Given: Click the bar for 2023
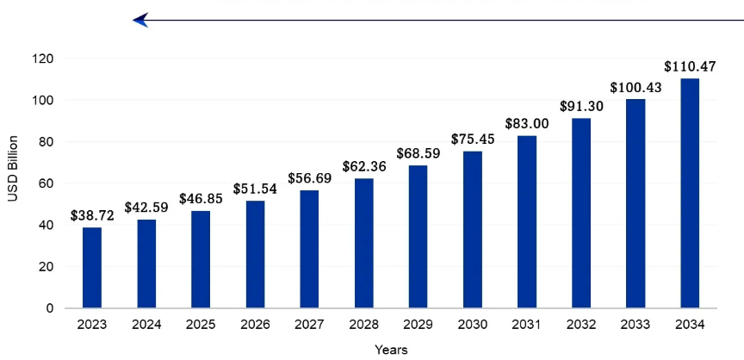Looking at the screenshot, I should (x=92, y=267).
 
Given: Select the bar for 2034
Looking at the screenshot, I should (x=690, y=193).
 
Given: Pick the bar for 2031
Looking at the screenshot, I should (x=527, y=221).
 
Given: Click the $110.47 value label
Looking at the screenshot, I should (x=690, y=66).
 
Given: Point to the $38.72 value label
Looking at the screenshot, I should (x=92, y=215).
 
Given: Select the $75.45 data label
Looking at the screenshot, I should (x=472, y=140).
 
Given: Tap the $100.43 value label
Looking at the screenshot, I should (x=635, y=88).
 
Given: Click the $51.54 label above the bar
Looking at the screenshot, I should (x=255, y=189).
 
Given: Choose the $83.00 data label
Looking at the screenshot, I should (x=527, y=124).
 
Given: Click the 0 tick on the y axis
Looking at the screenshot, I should (x=49, y=307).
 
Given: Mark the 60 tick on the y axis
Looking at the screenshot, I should (x=46, y=183).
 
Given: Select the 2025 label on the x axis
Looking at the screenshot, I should (x=201, y=325).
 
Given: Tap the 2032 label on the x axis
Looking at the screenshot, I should (x=581, y=325).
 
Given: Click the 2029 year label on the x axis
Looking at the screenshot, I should (x=418, y=325).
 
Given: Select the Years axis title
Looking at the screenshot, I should (x=391, y=350).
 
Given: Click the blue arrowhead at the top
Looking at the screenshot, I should (x=140, y=20).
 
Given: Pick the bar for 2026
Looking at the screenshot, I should (x=255, y=254).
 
